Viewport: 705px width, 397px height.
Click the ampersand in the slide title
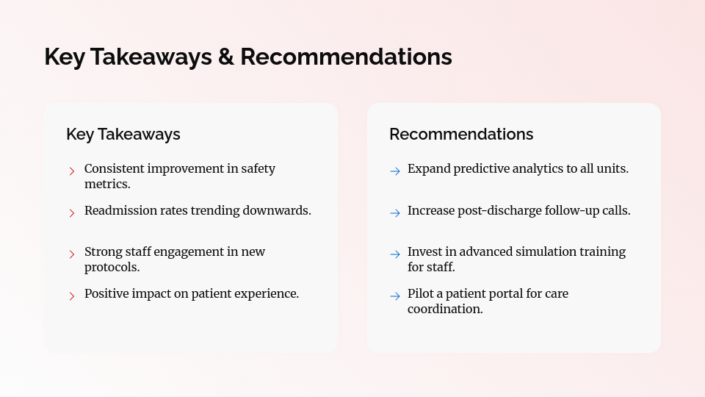pos(225,57)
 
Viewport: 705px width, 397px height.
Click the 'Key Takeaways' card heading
pos(123,134)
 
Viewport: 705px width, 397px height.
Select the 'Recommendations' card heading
pos(461,134)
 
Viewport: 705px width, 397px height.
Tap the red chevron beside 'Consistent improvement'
pos(72,171)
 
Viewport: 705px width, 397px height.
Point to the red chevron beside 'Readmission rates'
pos(72,213)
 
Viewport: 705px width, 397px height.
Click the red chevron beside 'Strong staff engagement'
pos(72,254)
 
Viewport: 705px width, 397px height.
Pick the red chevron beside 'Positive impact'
pos(72,296)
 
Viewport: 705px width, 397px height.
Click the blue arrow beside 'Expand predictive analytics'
pos(395,171)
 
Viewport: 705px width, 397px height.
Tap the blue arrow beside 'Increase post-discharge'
pos(395,213)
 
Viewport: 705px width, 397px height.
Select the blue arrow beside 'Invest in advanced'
pos(395,254)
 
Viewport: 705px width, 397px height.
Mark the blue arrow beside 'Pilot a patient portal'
pos(395,296)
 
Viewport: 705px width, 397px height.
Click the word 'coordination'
pos(444,309)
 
